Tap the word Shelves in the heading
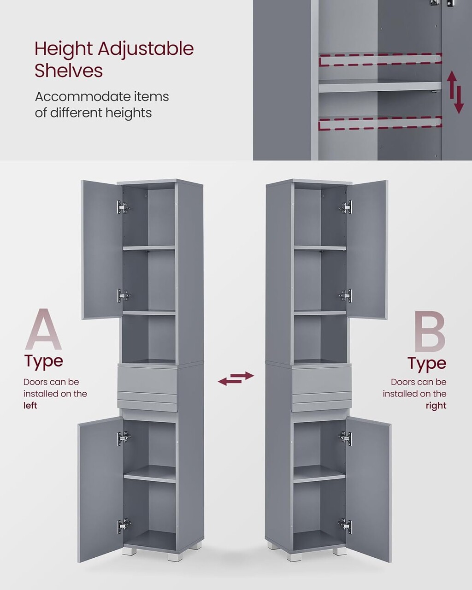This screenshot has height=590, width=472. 69,71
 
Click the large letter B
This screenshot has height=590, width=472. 429,331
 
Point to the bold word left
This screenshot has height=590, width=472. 30,405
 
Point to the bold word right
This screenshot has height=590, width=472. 436,406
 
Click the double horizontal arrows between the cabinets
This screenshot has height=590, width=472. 236,378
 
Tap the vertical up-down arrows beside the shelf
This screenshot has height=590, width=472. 455,92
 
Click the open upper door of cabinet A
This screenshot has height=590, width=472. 102,250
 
